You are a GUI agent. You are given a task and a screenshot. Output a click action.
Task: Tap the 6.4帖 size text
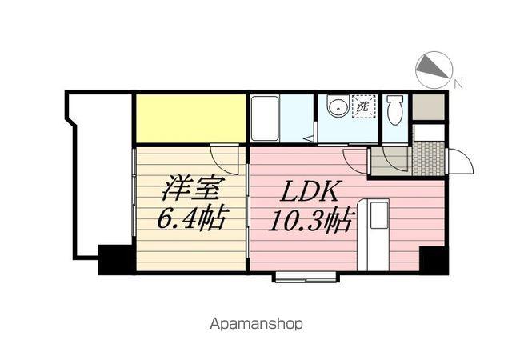tap(192, 218)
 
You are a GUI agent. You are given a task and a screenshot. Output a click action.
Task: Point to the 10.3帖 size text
tap(312, 220)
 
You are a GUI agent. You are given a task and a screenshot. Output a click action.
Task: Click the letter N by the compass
tap(458, 84)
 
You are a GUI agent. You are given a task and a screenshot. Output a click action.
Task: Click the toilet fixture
tap(395, 110)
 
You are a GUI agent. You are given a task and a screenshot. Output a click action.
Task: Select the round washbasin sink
tap(338, 106)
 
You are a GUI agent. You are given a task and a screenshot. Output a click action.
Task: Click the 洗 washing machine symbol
tap(363, 106)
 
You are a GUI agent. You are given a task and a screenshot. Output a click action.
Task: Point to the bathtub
tap(266, 118)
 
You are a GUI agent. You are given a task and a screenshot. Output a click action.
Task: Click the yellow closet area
tap(190, 118)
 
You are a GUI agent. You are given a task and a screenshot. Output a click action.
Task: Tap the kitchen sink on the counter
tap(378, 215)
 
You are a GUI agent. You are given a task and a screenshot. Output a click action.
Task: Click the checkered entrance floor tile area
tap(429, 158)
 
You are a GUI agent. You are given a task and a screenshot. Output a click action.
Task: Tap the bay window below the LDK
tap(306, 277)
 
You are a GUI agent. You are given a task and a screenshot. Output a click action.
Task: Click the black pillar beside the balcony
tap(116, 259)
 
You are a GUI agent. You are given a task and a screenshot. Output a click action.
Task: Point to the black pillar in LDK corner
tap(434, 260)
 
